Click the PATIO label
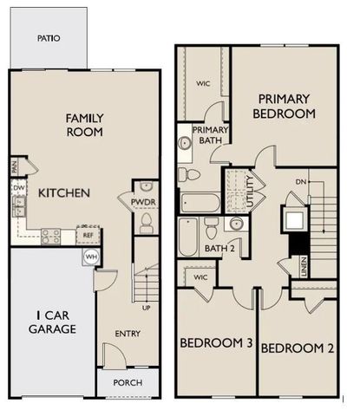click(48, 38)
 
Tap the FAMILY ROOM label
click(85, 125)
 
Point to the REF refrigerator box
click(88, 235)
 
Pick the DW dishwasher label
click(18, 186)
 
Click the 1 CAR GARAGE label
click(49, 322)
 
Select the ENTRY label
click(128, 334)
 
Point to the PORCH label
click(128, 382)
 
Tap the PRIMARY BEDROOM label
click(284, 105)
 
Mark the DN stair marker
click(300, 182)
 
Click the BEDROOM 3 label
click(215, 344)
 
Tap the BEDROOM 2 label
click(298, 349)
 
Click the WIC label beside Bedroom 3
click(201, 277)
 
